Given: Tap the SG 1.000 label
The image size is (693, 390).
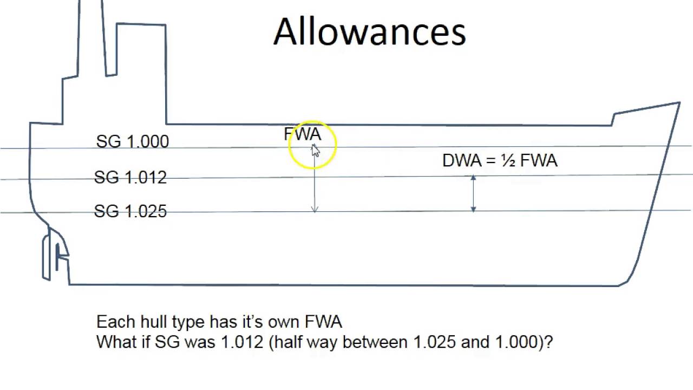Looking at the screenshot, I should pyautogui.click(x=132, y=141).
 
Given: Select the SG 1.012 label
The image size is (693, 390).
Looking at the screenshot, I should pyautogui.click(x=130, y=177).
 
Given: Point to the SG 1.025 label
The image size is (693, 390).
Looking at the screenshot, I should pyautogui.click(x=130, y=211).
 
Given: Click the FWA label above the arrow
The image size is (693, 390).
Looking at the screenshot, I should pyautogui.click(x=302, y=134).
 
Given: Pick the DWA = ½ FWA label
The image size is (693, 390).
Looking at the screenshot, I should pyautogui.click(x=499, y=161).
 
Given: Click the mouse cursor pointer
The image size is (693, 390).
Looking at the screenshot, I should pyautogui.click(x=315, y=151).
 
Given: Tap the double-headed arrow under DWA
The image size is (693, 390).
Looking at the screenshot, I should pyautogui.click(x=473, y=193).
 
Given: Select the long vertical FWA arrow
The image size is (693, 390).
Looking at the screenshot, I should pyautogui.click(x=315, y=184).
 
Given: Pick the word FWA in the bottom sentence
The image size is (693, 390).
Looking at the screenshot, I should pyautogui.click(x=323, y=322).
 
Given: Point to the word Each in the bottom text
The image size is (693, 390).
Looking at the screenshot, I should pyautogui.click(x=115, y=322).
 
